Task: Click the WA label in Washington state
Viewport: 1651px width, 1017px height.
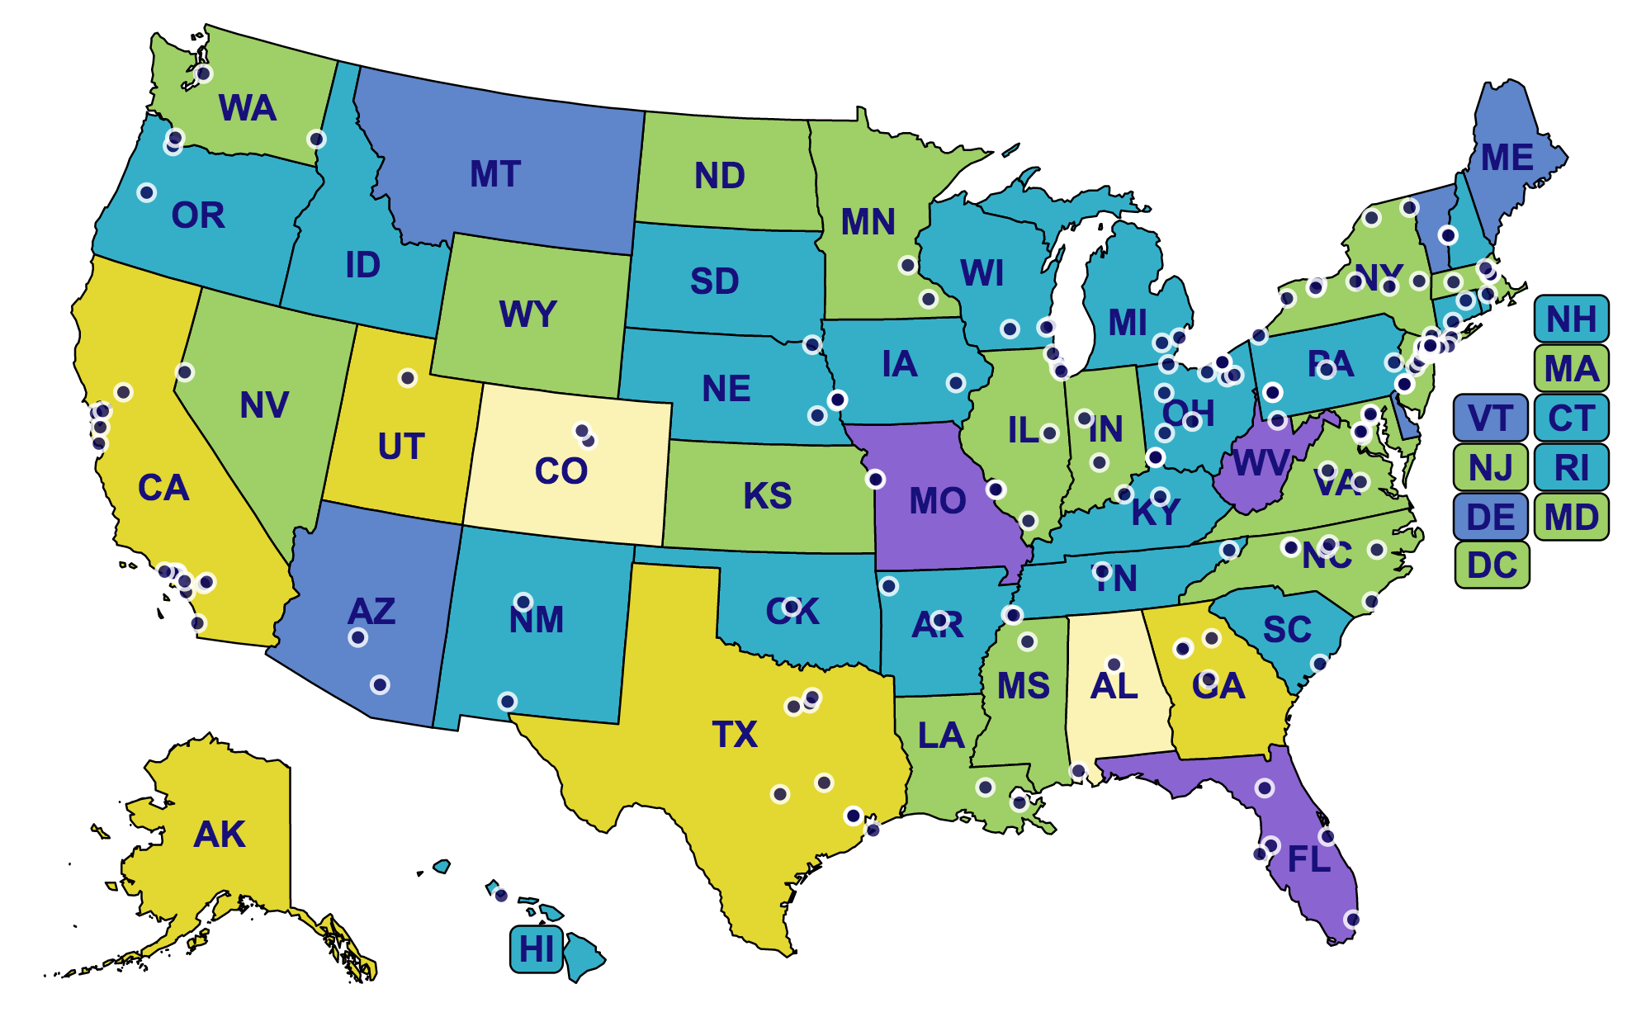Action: [x=247, y=108]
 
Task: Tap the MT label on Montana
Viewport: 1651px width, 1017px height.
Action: [x=495, y=174]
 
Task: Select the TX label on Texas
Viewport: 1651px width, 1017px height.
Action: [x=735, y=734]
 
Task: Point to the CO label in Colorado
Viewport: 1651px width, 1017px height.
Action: [x=561, y=471]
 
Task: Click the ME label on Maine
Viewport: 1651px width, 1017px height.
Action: [x=1507, y=158]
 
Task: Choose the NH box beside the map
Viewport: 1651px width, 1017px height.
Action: [x=1571, y=319]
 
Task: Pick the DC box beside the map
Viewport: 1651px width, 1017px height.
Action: [x=1492, y=565]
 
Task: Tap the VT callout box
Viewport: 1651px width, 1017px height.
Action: [x=1490, y=419]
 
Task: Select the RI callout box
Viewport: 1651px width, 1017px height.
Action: [x=1571, y=468]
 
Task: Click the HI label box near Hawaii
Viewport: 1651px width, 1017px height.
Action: [x=537, y=949]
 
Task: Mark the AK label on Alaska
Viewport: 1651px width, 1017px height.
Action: [x=220, y=835]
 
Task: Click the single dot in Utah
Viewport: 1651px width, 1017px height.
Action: [x=408, y=378]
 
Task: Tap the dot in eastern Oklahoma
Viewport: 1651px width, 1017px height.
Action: [x=889, y=586]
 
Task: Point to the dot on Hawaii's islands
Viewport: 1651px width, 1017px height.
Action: [x=501, y=896]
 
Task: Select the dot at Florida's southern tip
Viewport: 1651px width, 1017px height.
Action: [x=1353, y=920]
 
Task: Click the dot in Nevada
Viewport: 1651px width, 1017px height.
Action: [x=185, y=372]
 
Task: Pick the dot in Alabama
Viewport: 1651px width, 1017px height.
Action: [x=1114, y=665]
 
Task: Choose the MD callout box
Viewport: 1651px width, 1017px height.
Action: [x=1571, y=518]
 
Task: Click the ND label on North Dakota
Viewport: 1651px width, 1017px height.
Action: [x=720, y=176]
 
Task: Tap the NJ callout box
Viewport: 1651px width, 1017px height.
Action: [x=1490, y=468]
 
